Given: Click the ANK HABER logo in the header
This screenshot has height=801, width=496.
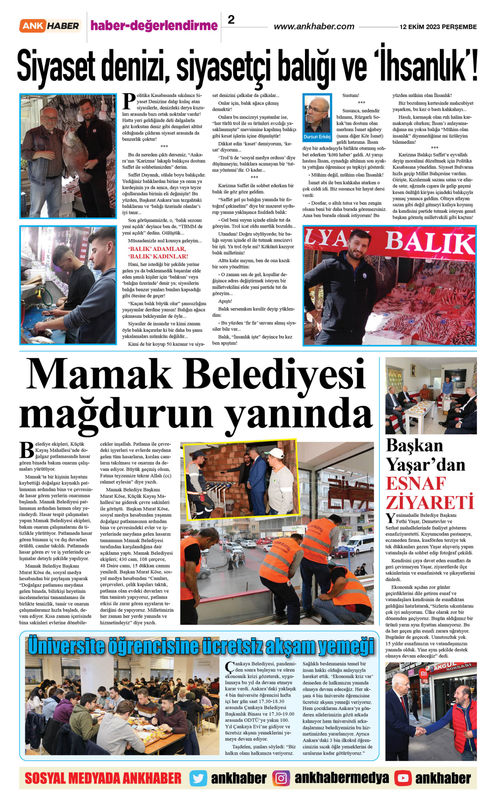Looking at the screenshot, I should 50,26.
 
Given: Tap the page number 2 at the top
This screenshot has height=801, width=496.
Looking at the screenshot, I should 231,19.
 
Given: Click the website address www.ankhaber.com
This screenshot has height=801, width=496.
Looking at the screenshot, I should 314,27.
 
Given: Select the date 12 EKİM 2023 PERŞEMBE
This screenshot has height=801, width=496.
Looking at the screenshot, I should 438,27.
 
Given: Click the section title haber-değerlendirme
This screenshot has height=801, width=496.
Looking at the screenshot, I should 154,26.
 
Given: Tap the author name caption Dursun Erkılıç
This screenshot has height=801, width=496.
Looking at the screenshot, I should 317,137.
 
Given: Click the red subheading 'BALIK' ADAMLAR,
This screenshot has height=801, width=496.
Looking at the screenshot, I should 157,249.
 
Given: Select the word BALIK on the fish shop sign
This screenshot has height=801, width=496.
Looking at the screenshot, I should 429,242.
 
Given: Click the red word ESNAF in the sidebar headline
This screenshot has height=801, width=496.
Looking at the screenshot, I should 416,484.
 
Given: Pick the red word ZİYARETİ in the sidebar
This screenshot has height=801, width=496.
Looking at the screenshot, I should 430,502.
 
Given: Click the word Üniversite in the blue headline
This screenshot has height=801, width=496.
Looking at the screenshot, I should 65,646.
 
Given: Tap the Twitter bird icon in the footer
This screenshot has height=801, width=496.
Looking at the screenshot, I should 198,778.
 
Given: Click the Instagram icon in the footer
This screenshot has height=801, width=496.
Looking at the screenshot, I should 281,778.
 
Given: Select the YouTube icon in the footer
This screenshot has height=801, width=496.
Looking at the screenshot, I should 403,778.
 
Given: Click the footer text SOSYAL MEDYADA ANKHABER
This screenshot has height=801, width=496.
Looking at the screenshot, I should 103,778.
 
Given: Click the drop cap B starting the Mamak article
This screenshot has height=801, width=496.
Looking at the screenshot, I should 27,450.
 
